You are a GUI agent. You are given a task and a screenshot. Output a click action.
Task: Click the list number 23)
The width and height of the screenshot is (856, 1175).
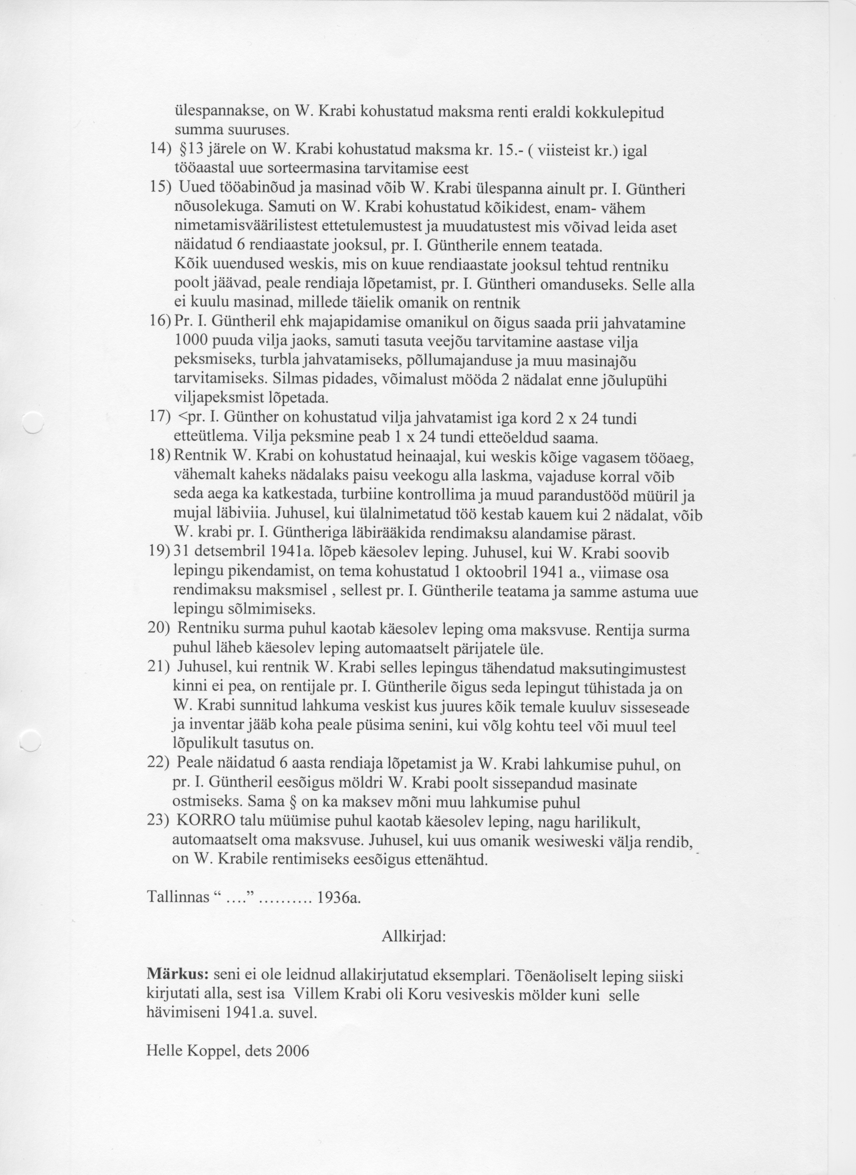pos(159,822)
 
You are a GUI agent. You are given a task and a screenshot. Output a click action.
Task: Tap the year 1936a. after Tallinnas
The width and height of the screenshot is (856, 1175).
pos(340,898)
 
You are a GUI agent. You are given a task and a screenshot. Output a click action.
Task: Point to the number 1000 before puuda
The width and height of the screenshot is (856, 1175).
pos(191,342)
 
